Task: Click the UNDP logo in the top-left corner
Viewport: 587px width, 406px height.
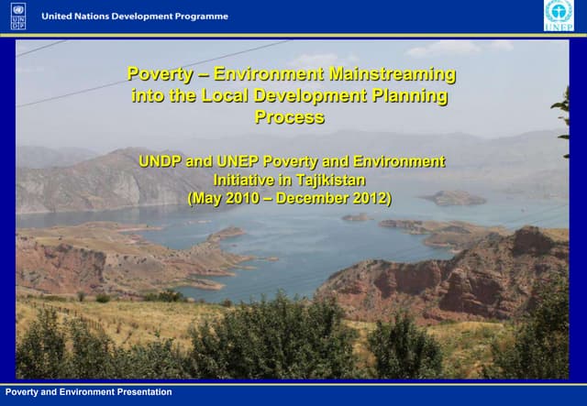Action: (x=18, y=16)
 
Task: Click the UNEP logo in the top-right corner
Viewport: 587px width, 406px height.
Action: (x=558, y=16)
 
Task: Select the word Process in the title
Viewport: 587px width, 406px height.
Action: (x=290, y=117)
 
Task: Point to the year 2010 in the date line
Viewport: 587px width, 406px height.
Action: (x=241, y=198)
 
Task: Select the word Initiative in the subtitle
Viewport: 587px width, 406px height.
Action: (x=244, y=180)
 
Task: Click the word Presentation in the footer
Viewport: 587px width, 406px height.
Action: (x=144, y=392)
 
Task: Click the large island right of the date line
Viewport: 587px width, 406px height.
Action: (x=455, y=197)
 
